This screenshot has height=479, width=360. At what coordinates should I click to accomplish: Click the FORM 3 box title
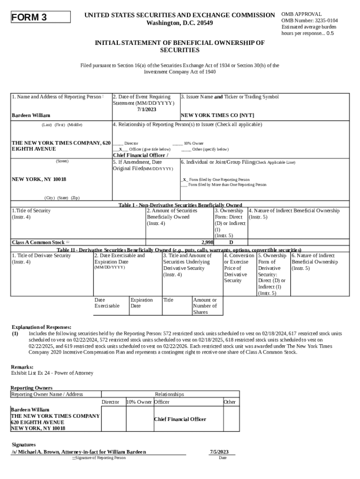[29, 18]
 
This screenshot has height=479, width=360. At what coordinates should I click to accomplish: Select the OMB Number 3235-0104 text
[310, 21]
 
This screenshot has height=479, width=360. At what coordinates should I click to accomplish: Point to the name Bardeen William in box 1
[31, 115]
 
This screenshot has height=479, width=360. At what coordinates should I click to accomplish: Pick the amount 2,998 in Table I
[207, 242]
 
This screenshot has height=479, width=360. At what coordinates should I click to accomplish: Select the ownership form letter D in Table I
[231, 242]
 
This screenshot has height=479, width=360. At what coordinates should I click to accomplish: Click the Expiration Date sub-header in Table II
[142, 303]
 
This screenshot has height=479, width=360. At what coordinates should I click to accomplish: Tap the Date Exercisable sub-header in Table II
[107, 303]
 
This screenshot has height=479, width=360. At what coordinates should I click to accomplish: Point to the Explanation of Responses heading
[41, 327]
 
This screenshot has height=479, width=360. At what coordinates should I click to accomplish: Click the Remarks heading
[22, 367]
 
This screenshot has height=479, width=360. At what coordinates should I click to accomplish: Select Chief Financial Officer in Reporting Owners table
[180, 419]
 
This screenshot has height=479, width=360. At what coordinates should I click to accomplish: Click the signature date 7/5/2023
[219, 452]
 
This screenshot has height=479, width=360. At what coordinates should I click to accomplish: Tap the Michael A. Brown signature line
[79, 452]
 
